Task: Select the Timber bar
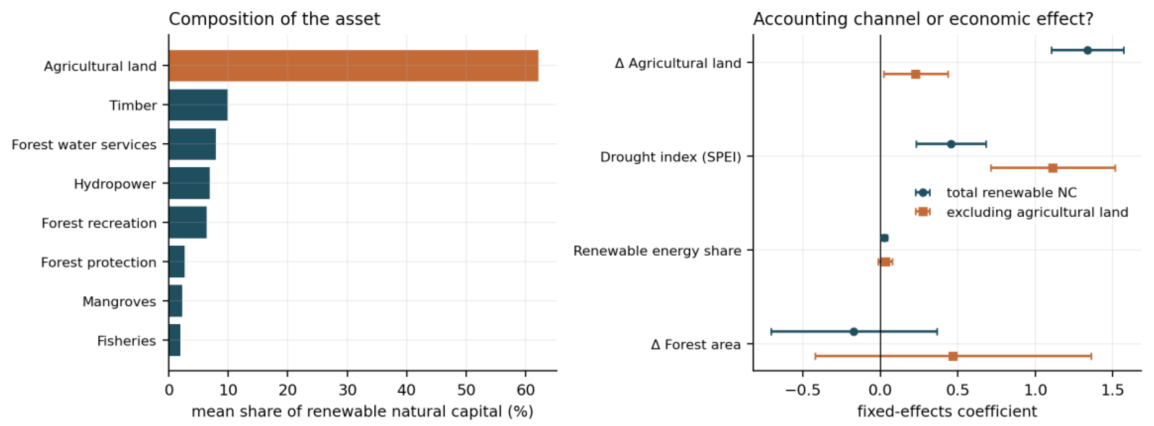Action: tap(198, 105)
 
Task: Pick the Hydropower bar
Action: tap(189, 183)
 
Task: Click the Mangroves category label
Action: tap(119, 302)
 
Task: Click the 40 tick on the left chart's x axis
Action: tap(406, 390)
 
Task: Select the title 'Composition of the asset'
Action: tap(274, 19)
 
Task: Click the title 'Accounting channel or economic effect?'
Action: tap(923, 19)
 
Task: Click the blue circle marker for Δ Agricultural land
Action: tap(1087, 50)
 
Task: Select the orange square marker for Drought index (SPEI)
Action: tap(1053, 168)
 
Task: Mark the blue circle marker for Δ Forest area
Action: tap(854, 332)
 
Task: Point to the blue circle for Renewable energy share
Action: tap(884, 238)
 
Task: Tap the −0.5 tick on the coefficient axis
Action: tap(803, 390)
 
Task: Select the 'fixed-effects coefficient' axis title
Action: tap(947, 411)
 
